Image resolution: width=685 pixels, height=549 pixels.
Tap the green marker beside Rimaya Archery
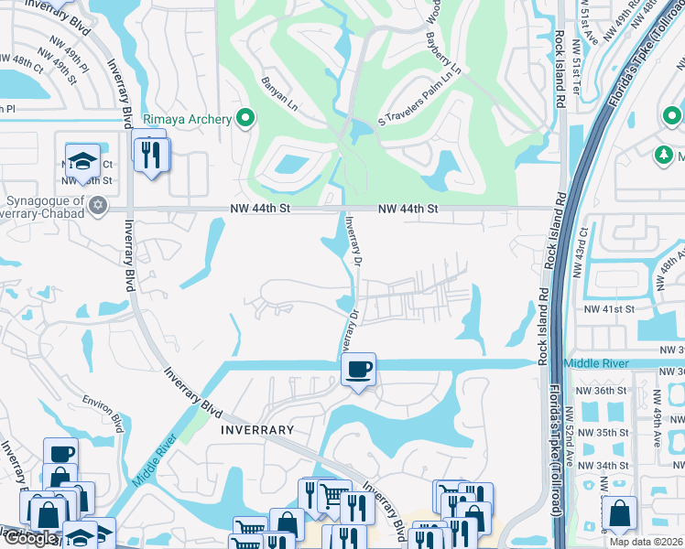point(245,117)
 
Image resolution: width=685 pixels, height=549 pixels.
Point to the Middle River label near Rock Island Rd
point(595,363)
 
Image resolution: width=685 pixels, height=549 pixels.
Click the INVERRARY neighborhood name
point(256,429)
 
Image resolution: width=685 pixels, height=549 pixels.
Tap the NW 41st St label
point(611,309)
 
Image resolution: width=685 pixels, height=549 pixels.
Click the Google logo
point(29,538)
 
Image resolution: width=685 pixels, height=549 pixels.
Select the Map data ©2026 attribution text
point(645,542)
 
